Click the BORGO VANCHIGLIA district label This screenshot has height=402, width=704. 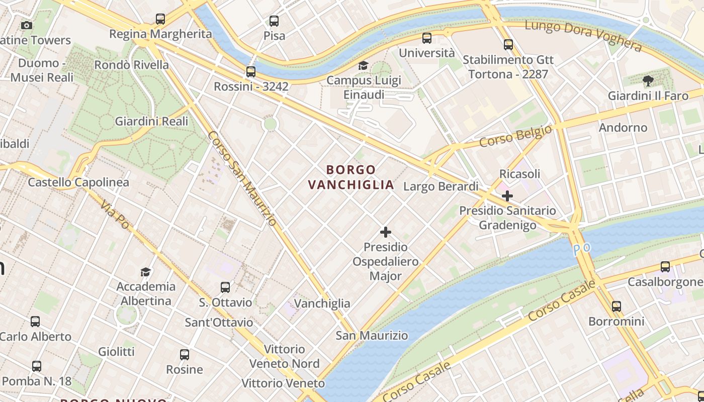pyautogui.click(x=350, y=177)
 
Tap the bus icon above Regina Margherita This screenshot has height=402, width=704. pyautogui.click(x=160, y=19)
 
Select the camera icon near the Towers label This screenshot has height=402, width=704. pyautogui.click(x=27, y=25)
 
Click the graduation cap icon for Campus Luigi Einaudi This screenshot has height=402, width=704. pyautogui.click(x=363, y=65)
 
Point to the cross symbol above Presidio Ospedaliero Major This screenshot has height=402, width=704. pyautogui.click(x=386, y=232)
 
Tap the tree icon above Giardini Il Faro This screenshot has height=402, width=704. pyautogui.click(x=648, y=80)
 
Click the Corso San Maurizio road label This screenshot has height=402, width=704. pyautogui.click(x=241, y=178)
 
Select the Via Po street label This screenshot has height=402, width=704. pyautogui.click(x=115, y=215)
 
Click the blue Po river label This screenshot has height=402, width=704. pyautogui.click(x=582, y=248)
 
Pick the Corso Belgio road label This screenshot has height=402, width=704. pyautogui.click(x=515, y=136)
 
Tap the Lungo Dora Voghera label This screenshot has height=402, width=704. pyautogui.click(x=583, y=36)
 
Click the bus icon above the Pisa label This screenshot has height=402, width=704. pyautogui.click(x=274, y=21)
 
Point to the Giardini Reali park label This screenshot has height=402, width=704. pyautogui.click(x=151, y=121)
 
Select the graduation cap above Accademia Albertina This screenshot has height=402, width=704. pyautogui.click(x=145, y=272)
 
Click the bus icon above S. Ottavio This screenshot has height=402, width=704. pyautogui.click(x=225, y=287)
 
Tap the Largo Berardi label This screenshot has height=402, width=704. pyautogui.click(x=441, y=187)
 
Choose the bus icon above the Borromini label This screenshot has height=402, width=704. pyautogui.click(x=617, y=306)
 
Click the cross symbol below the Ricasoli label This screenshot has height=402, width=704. pyautogui.click(x=507, y=195)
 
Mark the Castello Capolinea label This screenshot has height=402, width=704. pyautogui.click(x=78, y=182)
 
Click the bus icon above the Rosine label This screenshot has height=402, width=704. pyautogui.click(x=185, y=355)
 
